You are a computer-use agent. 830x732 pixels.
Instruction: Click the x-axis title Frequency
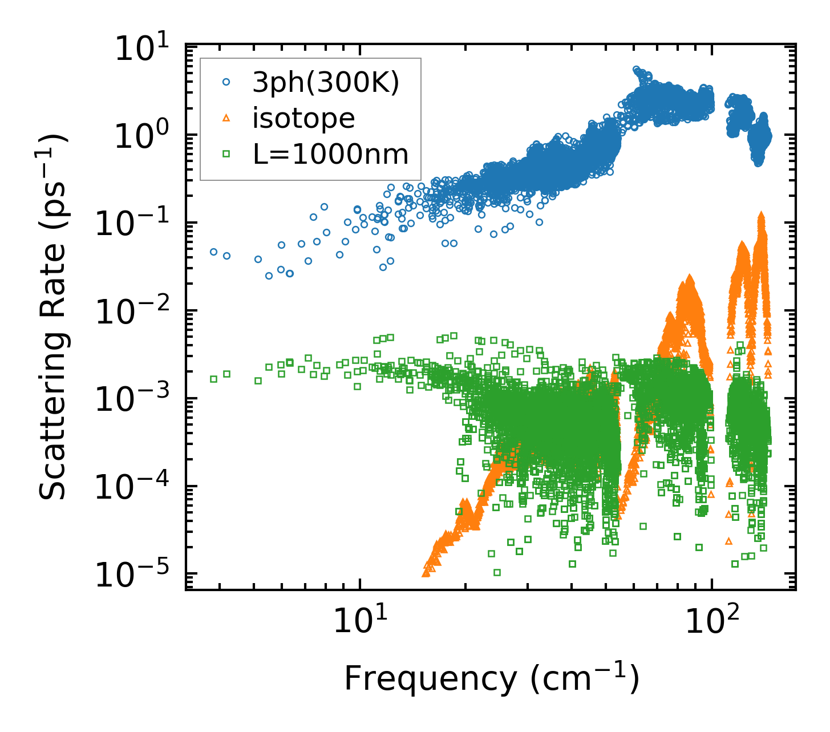[491, 679]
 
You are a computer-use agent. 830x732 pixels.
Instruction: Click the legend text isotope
[304, 119]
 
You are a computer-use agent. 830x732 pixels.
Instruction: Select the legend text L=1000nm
[331, 154]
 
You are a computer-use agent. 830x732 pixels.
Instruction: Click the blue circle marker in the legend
[226, 83]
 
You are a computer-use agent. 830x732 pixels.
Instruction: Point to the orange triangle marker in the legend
[226, 118]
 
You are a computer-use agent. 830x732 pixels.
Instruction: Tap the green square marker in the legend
[226, 153]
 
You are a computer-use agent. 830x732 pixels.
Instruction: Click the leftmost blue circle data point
[213, 252]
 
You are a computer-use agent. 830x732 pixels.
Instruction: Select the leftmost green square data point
[213, 379]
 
